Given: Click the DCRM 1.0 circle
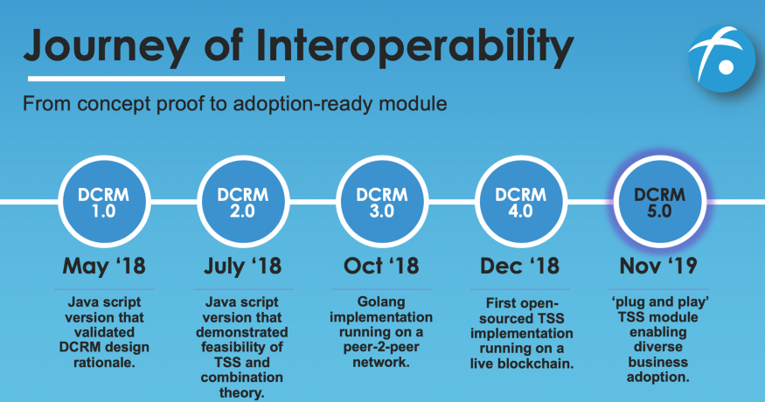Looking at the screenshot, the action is point(104,202).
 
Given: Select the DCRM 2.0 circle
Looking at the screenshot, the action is point(243,202).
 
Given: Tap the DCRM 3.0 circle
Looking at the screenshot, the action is point(382,202).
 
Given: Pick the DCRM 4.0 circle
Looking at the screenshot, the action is point(521,202).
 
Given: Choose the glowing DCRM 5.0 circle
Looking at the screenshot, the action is point(659,202).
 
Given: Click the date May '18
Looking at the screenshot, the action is point(104,266).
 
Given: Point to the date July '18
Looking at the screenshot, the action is point(243,267).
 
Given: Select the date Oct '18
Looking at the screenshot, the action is point(381,266).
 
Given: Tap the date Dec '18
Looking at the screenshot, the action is point(519,266).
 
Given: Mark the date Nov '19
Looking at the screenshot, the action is point(658,266).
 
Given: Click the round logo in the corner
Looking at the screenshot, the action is point(721,59).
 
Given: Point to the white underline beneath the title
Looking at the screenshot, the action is point(156,78).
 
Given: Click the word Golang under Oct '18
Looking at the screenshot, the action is point(381,302).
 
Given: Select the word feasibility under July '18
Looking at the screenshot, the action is point(242,347).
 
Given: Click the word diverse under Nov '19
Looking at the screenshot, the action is point(658,347).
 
